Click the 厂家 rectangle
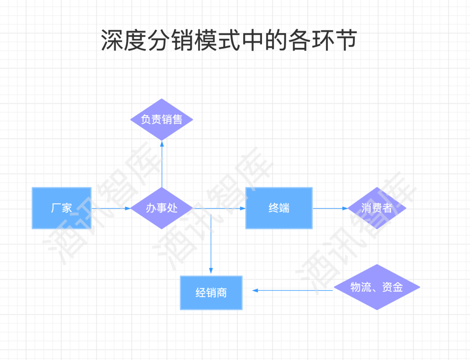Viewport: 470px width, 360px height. pos(61,208)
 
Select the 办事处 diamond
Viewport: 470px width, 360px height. pos(162,208)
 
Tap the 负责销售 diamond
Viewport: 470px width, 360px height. pos(162,120)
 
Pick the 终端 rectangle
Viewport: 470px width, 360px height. pos(279,208)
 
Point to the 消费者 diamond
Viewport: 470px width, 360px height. pos(377,208)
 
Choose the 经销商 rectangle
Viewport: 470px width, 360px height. pos(211,293)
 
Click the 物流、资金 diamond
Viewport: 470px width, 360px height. pos(377,287)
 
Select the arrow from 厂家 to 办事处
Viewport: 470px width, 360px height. pos(111,208)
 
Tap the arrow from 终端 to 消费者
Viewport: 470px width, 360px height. pos(330,208)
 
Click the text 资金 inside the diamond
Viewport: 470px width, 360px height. pos(393,287)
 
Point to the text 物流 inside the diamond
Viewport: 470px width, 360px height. pos(361,287)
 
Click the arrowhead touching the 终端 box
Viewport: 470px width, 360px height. pos(242,208)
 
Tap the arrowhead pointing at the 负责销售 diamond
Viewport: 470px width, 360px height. pos(162,143)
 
